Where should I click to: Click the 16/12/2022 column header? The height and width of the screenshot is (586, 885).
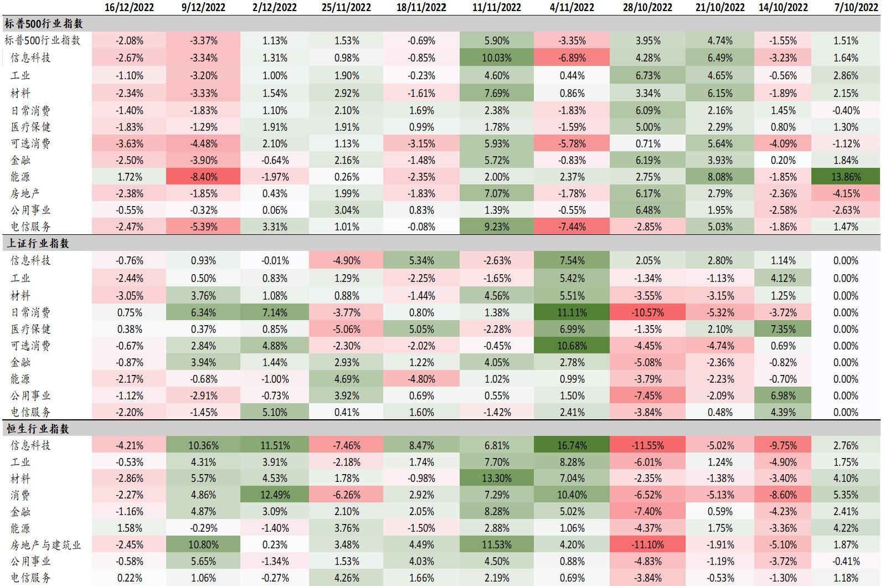(x=129, y=7)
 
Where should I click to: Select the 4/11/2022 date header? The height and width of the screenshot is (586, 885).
(x=572, y=7)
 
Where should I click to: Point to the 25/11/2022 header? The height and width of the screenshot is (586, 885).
(x=347, y=7)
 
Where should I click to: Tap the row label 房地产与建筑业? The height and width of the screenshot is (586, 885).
(x=45, y=545)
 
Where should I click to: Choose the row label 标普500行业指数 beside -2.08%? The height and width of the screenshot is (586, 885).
(x=42, y=40)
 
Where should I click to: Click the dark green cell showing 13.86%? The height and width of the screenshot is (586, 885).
(x=846, y=177)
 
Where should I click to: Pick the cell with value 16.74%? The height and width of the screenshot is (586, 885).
(x=572, y=446)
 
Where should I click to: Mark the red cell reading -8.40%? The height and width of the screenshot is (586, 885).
(x=203, y=177)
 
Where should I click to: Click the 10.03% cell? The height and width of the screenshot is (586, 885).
(x=497, y=58)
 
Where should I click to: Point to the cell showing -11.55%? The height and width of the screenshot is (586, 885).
(x=647, y=446)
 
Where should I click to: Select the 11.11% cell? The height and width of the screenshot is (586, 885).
(x=572, y=313)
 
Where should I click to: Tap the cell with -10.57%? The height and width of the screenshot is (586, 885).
(x=647, y=313)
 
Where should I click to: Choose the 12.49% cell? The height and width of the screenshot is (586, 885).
(x=275, y=495)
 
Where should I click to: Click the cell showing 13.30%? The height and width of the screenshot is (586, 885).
(x=497, y=479)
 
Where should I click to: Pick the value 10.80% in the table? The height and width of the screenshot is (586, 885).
(x=203, y=545)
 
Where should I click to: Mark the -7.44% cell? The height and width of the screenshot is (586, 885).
(x=572, y=227)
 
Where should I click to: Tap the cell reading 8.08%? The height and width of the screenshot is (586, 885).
(x=719, y=177)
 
